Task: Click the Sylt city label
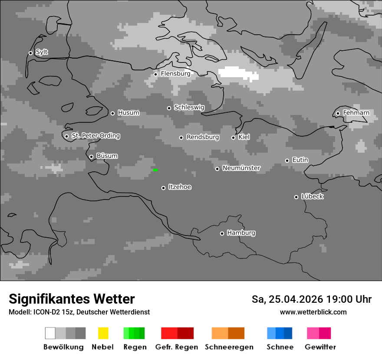(42, 52)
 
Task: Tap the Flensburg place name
(175, 74)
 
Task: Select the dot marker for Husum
(112, 113)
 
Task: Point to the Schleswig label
(189, 107)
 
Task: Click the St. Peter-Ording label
(95, 136)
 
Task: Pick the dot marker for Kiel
(233, 137)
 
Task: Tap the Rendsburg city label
(202, 137)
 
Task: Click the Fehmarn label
(356, 113)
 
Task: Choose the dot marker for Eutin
(287, 160)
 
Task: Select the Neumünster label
(241, 168)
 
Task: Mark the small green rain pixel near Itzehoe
(155, 170)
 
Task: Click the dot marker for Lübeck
(296, 197)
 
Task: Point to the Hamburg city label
(241, 233)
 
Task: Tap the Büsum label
(107, 156)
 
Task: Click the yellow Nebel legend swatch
(103, 333)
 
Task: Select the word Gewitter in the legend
(320, 347)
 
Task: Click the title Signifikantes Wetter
(72, 299)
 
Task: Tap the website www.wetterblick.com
(313, 312)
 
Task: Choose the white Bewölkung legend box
(50, 333)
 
